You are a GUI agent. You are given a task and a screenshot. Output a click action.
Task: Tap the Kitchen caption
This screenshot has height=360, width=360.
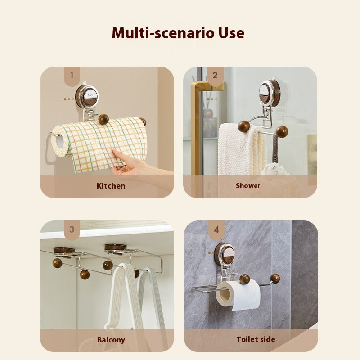click(111, 186)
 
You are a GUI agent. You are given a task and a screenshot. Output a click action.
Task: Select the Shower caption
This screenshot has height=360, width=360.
click(248, 186)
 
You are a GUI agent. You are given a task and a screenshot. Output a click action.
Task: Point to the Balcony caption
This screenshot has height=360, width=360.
click(111, 340)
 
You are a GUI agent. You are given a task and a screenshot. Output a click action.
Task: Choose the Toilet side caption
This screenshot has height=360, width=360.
click(256, 339)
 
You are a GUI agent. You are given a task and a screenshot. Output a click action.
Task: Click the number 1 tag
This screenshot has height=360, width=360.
click(72, 76)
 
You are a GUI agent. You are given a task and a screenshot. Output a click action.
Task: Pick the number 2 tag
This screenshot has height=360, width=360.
click(215, 76)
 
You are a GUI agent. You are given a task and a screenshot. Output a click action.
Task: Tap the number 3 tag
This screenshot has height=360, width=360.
click(72, 230)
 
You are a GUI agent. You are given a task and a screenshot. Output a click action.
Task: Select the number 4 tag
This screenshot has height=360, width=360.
click(216, 230)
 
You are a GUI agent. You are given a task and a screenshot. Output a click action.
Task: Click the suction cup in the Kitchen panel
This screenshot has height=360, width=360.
click(87, 96)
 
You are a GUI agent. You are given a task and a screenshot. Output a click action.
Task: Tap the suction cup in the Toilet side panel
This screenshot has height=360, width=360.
click(225, 253)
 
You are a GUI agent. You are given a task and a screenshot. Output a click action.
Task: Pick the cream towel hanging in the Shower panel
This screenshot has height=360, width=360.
click(241, 149)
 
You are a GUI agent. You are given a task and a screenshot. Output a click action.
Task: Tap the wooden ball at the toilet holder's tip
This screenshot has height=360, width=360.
click(275, 279)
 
